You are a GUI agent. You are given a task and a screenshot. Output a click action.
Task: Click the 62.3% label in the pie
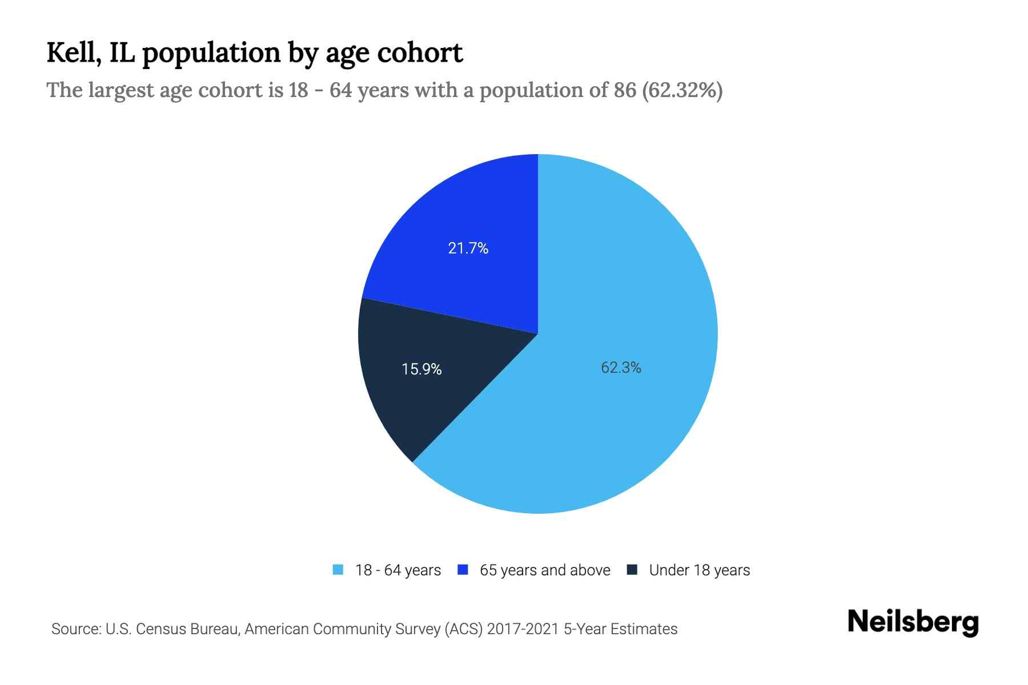tap(621, 368)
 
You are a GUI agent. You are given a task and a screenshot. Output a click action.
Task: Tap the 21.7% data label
tap(468, 248)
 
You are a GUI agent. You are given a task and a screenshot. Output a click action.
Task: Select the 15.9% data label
tap(421, 369)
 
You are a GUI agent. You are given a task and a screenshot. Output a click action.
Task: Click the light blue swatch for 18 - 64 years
tap(338, 570)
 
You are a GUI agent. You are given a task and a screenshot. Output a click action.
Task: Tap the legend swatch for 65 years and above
tap(463, 570)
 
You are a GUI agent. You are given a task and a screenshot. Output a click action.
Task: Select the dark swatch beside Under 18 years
tap(632, 570)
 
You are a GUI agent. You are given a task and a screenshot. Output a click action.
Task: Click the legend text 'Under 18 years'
tap(699, 570)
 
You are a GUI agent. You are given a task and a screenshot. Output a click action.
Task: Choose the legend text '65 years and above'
tap(545, 570)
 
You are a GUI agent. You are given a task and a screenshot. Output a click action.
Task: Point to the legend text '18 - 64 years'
tap(398, 570)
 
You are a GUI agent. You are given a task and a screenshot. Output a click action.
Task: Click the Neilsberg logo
tap(913, 622)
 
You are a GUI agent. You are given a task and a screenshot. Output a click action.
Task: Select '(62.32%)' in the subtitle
tap(682, 90)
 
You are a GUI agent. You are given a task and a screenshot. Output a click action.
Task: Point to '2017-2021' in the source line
tap(523, 629)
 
